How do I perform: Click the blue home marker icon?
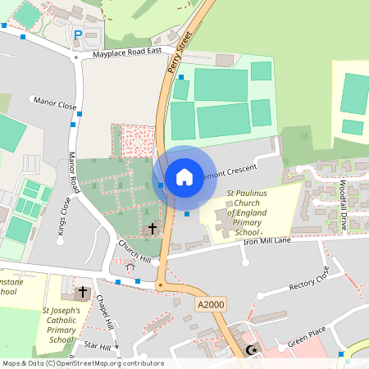click(184, 176)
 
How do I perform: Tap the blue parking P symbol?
click(79, 35)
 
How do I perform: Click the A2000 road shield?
click(211, 304)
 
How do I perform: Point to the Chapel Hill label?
click(108, 312)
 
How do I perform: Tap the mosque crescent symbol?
click(251, 351)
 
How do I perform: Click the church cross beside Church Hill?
click(152, 228)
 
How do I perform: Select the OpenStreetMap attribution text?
click(83, 363)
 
